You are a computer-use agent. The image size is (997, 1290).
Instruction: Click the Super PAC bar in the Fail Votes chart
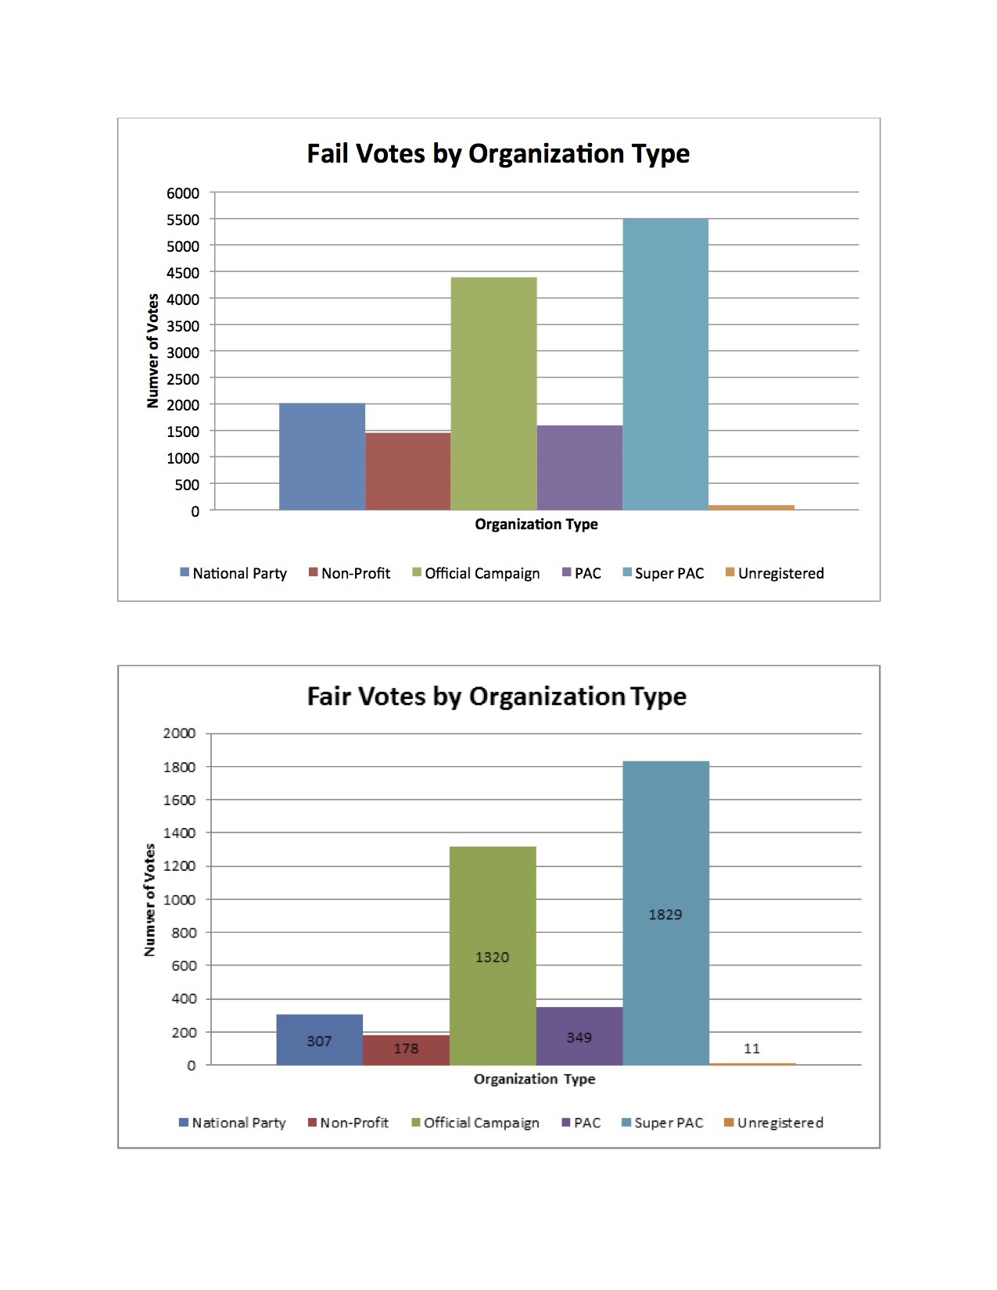665,364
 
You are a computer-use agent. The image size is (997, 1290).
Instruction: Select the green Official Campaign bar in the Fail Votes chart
493,393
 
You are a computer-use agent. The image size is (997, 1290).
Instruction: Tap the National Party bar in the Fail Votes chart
322,457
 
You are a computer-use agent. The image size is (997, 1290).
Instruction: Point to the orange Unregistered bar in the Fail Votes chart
751,507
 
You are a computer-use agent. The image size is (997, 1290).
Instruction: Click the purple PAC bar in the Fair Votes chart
579,1036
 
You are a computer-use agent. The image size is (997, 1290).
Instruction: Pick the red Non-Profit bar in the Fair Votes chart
406,1050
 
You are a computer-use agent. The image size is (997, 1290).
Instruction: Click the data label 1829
665,914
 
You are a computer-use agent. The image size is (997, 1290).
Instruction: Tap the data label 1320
493,957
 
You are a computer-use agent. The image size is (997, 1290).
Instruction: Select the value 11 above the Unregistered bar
751,1048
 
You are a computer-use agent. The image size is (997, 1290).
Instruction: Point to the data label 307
319,1041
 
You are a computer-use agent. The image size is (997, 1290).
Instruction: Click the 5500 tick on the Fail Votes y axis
183,220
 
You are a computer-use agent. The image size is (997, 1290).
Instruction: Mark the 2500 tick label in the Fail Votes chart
183,378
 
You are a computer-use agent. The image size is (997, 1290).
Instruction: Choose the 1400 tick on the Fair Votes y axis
179,833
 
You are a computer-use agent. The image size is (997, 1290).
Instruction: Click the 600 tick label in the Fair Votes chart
184,966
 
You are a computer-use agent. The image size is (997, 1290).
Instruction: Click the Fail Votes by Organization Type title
498,154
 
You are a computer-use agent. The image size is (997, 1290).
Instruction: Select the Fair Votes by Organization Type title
497,697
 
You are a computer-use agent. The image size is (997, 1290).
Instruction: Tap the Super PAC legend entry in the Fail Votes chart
663,574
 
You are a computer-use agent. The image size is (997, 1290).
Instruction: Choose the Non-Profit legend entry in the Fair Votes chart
349,1123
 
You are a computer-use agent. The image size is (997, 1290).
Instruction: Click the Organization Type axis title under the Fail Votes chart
536,524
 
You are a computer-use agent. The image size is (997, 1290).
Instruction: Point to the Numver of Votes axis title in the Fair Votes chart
149,899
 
